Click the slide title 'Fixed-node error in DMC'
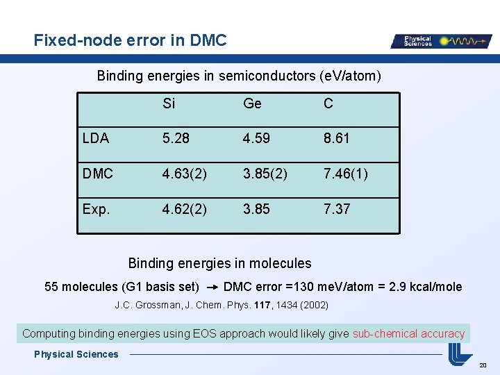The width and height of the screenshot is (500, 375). (x=131, y=40)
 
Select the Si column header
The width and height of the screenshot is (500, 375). (x=169, y=103)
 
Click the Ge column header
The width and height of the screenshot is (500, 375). (x=252, y=103)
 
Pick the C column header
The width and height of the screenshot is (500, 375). (x=328, y=103)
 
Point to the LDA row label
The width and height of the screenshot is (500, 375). (x=95, y=138)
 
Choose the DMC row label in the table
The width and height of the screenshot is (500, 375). (x=97, y=174)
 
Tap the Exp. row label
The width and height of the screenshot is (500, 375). (x=95, y=208)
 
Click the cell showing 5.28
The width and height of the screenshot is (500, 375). (x=176, y=138)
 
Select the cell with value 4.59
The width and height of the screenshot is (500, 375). (x=256, y=138)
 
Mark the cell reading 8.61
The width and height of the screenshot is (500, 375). (x=337, y=138)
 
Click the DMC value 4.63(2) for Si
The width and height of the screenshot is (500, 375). (x=184, y=174)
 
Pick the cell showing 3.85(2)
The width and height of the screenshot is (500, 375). (x=265, y=174)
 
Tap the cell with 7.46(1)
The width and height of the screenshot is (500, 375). (x=345, y=174)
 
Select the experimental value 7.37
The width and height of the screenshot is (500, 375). (x=337, y=208)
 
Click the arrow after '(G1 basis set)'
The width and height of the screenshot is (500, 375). (x=212, y=287)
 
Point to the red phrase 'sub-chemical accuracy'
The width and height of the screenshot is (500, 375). (x=408, y=333)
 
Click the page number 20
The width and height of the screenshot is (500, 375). (x=483, y=365)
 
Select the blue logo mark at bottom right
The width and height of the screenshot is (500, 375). (x=460, y=355)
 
